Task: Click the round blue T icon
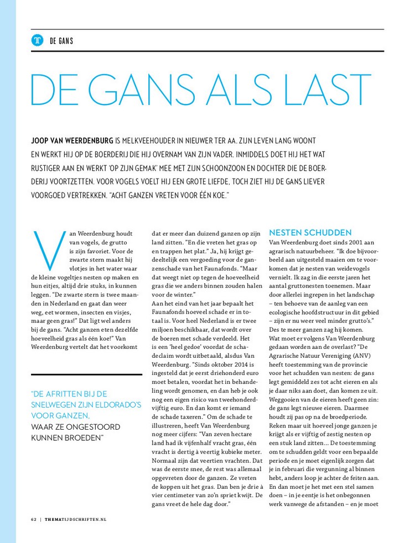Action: click(38, 40)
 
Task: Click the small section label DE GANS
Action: click(61, 41)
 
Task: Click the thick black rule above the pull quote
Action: click(86, 375)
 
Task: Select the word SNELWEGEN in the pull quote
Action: click(58, 404)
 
